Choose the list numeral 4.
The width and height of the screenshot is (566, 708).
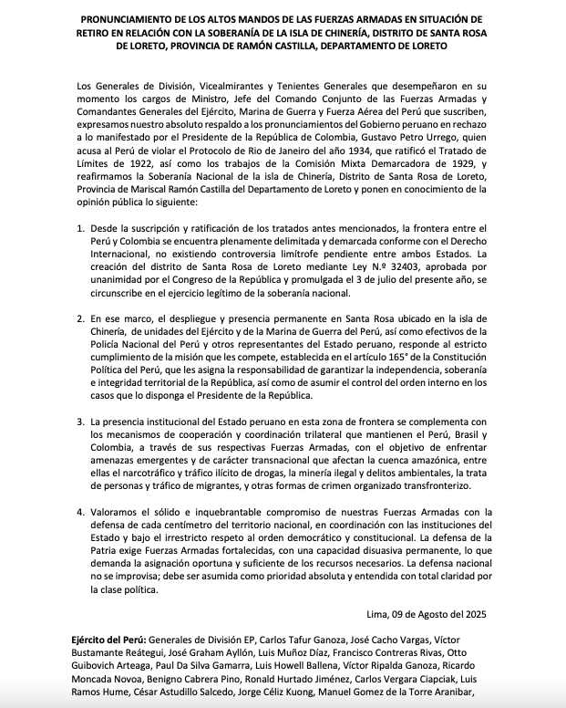click(x=81, y=512)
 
